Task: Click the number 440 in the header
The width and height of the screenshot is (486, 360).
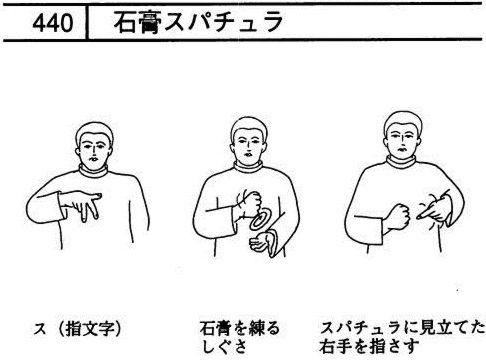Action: [x=53, y=23]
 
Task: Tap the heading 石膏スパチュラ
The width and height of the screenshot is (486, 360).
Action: [x=198, y=22]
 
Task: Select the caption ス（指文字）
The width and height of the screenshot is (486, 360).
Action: [x=77, y=329]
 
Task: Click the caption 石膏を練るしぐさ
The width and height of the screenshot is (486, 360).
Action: [x=239, y=337]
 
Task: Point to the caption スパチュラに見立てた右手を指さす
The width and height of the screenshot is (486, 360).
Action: [x=402, y=337]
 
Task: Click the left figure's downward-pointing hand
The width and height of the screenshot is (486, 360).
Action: [x=83, y=204]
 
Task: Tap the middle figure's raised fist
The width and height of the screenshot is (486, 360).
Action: [x=249, y=202]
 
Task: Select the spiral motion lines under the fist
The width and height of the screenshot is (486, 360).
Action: [x=260, y=220]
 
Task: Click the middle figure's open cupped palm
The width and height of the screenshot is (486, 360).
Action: [x=264, y=243]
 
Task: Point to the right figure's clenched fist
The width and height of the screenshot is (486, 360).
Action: [x=397, y=216]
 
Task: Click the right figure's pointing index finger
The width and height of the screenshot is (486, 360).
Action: [x=427, y=212]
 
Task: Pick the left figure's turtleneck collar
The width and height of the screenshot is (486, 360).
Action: [x=94, y=171]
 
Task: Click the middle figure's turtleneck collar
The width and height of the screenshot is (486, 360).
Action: [x=248, y=167]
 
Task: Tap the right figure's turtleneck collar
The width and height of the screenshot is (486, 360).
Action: [x=401, y=162]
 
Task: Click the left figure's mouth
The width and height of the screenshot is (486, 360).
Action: [x=94, y=159]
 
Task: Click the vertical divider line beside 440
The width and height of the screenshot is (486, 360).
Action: [x=87, y=23]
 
